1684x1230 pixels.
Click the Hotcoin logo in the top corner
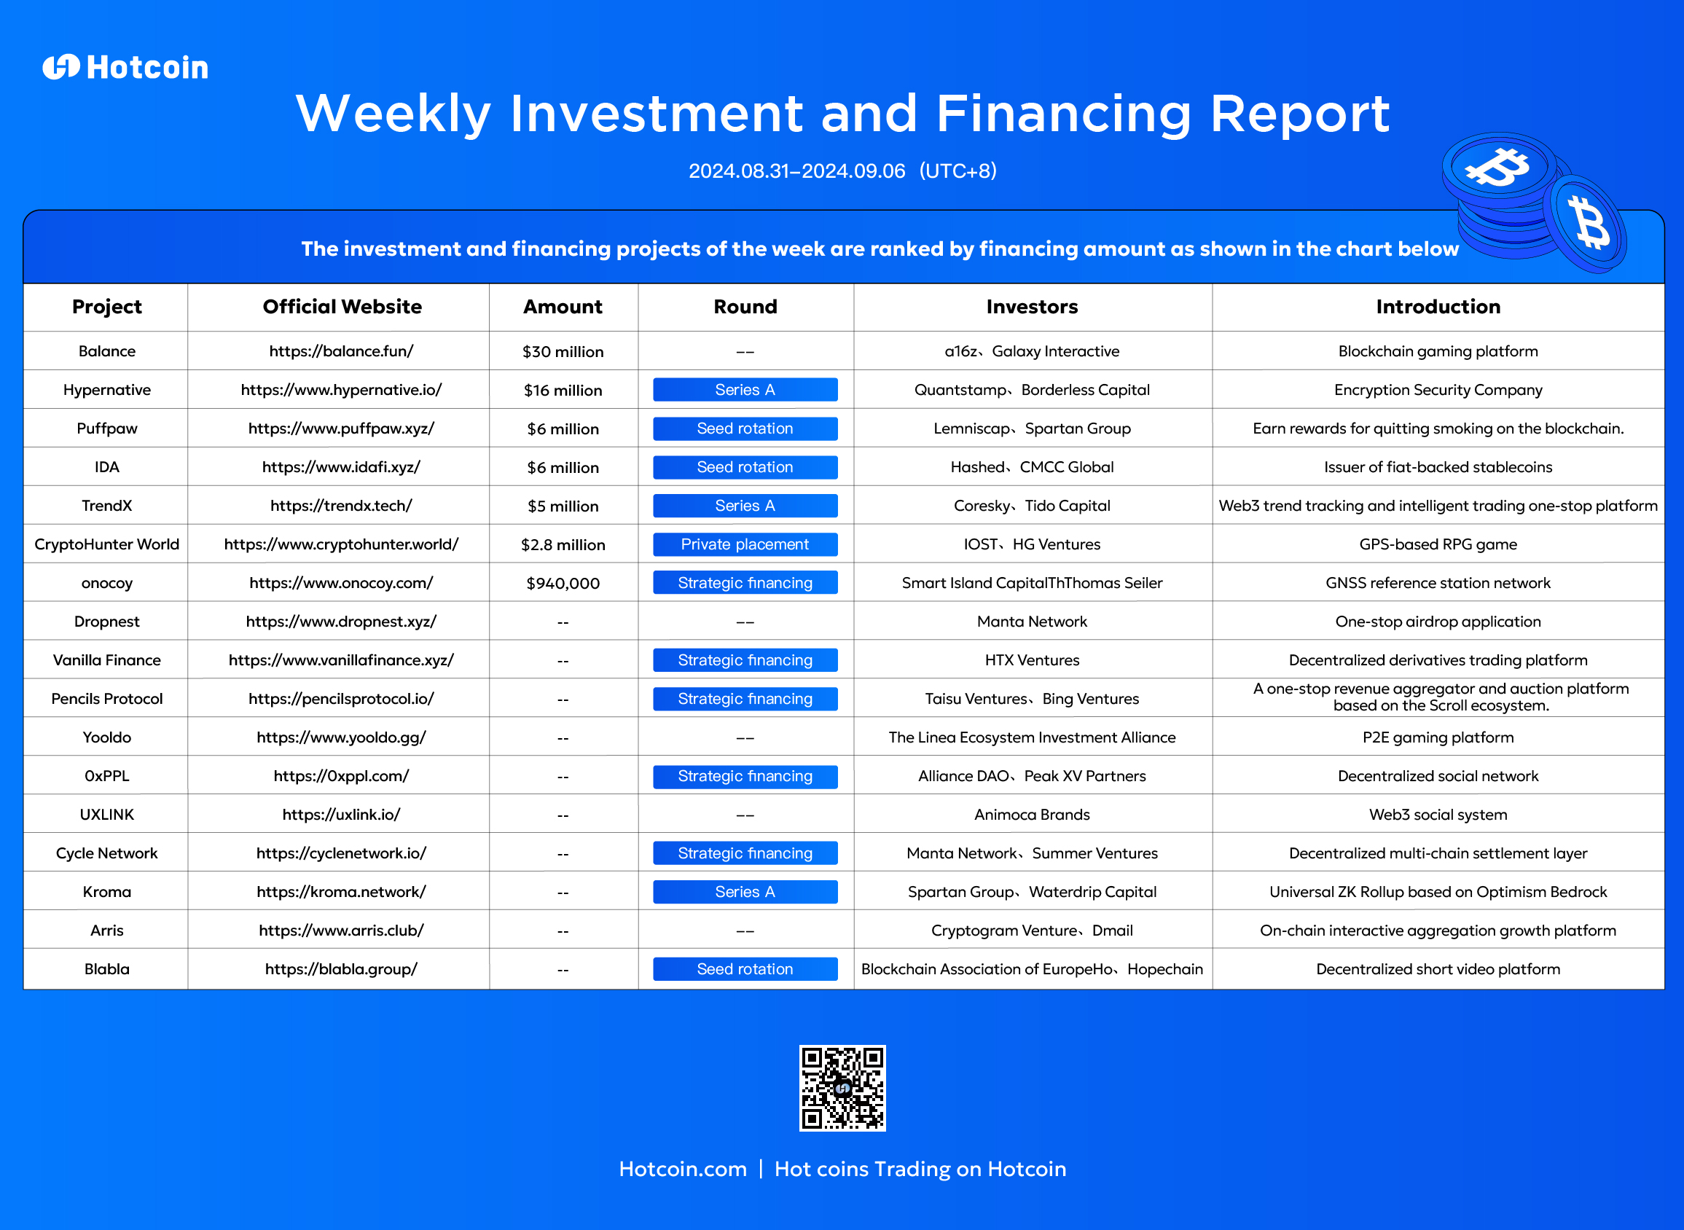125,67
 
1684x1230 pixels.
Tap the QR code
842,1088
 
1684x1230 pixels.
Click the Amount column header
563,307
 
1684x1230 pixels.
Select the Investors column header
1032,307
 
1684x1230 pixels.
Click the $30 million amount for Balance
563,351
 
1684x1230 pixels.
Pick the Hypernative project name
106,390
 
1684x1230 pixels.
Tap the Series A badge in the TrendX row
745,506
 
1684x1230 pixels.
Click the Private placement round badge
745,544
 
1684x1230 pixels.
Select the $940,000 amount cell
563,583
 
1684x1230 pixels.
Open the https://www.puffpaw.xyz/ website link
341,429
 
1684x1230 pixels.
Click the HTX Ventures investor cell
1032,660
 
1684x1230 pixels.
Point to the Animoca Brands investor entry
1032,815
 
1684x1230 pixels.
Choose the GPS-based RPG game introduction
1438,544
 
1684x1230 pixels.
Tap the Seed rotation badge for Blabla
745,968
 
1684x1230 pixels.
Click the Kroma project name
106,892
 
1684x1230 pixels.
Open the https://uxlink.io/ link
341,815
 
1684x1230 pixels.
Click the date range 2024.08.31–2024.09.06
796,171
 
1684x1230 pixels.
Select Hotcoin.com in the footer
683,1169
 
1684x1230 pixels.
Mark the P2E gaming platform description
1438,738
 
